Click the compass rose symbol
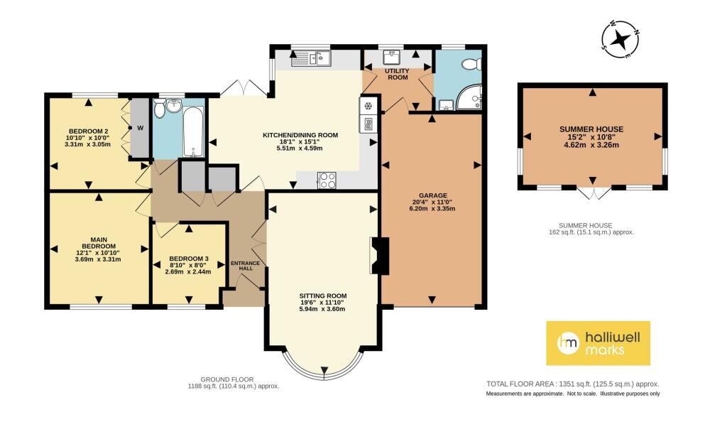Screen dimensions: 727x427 [620, 40]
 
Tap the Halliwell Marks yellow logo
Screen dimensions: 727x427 [598, 343]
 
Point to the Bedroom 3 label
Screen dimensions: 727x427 [188, 259]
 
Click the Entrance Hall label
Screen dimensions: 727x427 [245, 266]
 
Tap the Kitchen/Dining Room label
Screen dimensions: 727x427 [300, 135]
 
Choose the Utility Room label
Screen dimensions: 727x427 [398, 74]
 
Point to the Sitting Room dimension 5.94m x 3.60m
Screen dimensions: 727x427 [323, 308]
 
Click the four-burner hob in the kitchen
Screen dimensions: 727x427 [327, 180]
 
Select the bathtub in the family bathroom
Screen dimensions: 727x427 [193, 131]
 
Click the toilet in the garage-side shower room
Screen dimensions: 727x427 [472, 64]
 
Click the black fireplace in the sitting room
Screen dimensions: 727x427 [379, 256]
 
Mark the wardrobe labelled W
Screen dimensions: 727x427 [140, 128]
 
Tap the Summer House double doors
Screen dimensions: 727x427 [593, 193]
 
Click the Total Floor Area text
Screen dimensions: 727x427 [573, 384]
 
